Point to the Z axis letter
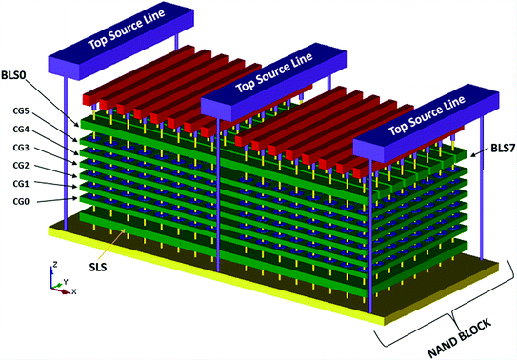(x=56, y=266)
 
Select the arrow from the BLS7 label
(x=480, y=153)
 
